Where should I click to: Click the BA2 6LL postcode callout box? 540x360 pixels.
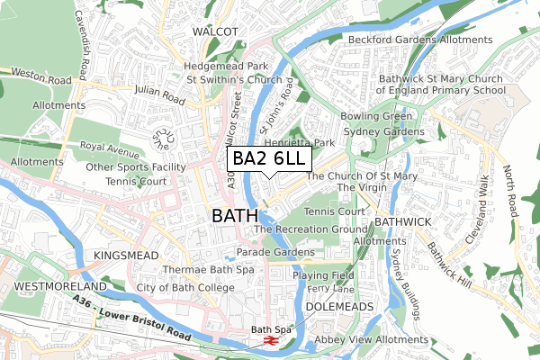point(268,159)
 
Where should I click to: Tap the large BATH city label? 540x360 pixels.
point(234,217)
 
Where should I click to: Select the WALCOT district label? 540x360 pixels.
point(215,31)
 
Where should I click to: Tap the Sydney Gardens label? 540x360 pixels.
point(382,132)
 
